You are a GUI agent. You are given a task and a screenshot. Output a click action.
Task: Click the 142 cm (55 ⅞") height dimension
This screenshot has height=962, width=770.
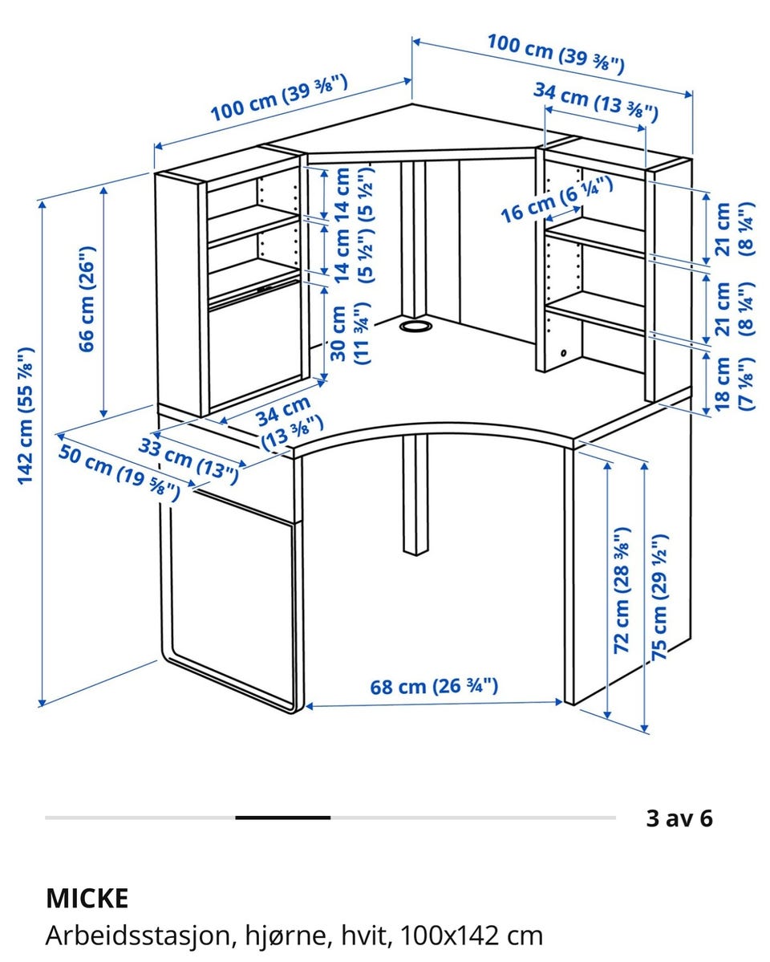25,416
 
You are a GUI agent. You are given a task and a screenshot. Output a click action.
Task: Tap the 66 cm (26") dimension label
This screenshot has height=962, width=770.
87,298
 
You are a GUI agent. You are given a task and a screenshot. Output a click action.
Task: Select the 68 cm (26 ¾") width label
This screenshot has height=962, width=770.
434,685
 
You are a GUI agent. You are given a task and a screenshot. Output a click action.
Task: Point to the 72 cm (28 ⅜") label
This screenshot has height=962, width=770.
622,590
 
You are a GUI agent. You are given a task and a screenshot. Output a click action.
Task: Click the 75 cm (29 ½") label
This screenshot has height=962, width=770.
659,597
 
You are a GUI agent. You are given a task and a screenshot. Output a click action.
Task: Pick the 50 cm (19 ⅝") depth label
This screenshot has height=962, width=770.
119,471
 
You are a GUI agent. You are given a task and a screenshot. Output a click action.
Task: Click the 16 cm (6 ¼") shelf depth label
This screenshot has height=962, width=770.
556,199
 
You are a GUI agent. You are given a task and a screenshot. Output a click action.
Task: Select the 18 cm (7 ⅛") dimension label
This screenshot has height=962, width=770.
734,383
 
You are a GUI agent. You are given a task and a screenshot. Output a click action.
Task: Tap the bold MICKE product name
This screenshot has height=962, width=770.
87,898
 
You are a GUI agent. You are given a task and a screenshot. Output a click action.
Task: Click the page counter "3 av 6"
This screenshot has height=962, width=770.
679,818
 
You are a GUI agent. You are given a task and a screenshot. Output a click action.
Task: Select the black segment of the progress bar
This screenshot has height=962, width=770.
283,818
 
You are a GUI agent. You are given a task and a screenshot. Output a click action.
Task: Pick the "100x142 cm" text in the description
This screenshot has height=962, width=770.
472,936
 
